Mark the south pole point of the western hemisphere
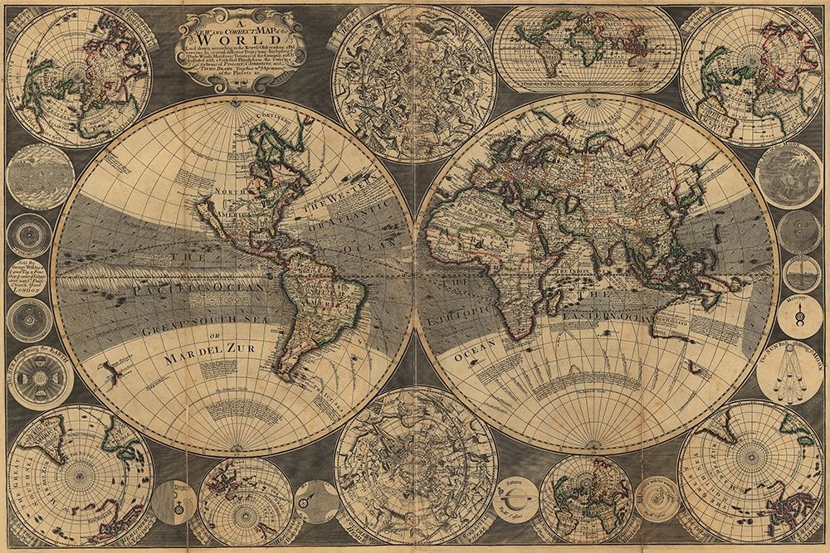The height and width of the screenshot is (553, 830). [232, 454]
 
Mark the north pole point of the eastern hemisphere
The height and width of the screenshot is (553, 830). [597, 97]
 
